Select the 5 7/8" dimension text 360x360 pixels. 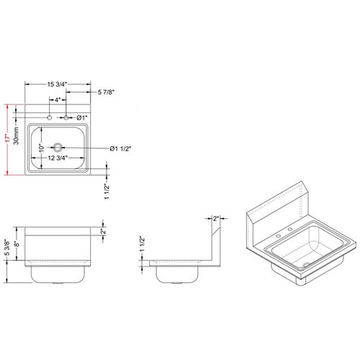point(110,91)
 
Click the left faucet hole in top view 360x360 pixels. point(48,117)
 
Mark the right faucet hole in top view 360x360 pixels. point(66,117)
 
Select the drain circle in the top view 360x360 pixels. point(58,147)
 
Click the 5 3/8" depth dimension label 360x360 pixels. point(7,248)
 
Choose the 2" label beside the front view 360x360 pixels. point(103,231)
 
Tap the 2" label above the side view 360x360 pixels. point(216,218)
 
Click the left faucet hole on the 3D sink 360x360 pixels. point(278,235)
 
